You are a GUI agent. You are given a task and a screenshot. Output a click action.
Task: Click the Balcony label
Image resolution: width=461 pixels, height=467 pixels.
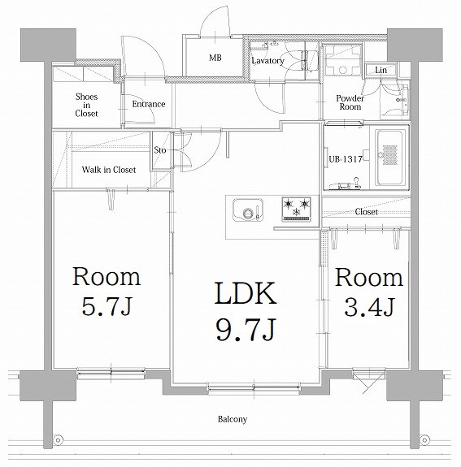point(233,419)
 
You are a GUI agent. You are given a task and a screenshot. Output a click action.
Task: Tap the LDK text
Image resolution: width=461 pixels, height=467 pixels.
point(246,293)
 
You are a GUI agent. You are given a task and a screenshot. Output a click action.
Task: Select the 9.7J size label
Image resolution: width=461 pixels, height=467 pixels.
point(246,330)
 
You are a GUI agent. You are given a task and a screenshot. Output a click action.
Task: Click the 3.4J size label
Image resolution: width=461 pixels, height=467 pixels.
point(369,307)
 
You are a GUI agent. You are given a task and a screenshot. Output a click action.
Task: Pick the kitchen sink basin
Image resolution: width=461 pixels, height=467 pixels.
point(248,210)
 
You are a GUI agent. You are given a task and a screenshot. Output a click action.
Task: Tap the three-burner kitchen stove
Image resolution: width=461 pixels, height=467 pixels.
point(297,209)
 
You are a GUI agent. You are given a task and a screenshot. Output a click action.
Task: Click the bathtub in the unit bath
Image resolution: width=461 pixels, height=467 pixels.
point(390,158)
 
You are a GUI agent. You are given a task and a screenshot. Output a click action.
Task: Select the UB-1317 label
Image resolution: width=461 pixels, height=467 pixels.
point(346,159)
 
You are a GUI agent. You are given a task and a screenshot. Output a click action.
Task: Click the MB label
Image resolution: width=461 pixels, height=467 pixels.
point(215,57)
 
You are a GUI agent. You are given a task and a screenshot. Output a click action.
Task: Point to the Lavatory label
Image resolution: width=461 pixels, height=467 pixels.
point(267,61)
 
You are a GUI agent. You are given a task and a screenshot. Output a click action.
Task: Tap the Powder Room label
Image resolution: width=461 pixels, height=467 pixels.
point(350,102)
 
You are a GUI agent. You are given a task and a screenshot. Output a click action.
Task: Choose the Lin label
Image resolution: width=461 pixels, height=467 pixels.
point(381,71)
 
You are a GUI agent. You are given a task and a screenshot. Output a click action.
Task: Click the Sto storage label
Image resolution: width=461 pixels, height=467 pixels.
point(160,149)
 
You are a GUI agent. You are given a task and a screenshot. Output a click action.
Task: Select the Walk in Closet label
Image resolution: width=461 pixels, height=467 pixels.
point(109,170)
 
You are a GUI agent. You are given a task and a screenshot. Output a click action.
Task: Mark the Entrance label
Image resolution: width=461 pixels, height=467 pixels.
point(149,104)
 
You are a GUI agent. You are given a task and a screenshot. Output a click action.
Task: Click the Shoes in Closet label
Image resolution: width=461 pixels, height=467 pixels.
point(86,105)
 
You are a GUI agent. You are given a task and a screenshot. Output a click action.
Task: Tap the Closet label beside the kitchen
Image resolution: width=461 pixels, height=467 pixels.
point(366,212)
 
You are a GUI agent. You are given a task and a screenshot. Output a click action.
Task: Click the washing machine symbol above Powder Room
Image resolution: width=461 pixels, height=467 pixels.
point(343,61)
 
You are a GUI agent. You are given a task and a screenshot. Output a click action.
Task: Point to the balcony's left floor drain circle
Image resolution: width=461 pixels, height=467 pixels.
point(58,440)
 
